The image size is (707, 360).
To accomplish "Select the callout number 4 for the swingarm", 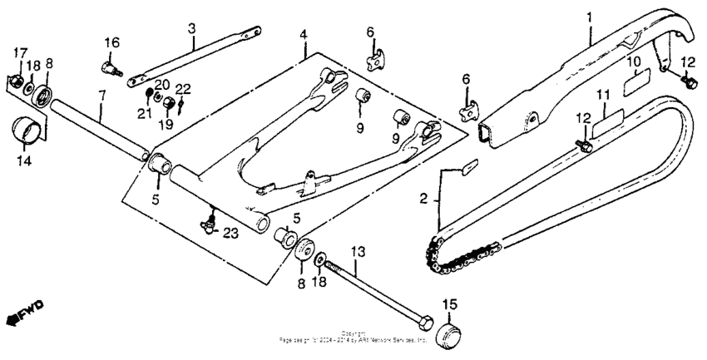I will (304, 35).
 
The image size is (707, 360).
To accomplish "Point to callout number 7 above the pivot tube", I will (101, 96).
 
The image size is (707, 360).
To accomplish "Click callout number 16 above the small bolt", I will (111, 42).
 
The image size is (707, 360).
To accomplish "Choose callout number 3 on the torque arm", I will (191, 28).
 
